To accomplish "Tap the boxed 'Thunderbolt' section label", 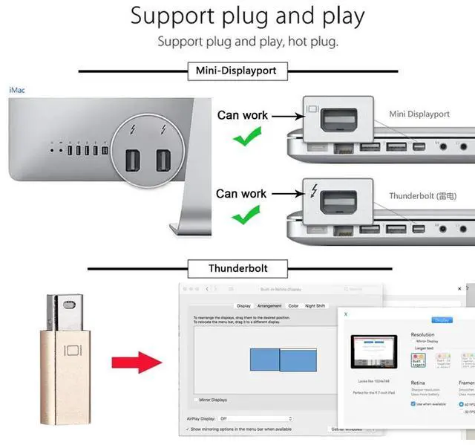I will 237,267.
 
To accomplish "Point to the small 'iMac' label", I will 16,89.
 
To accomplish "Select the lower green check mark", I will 245,216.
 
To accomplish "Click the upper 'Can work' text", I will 241,115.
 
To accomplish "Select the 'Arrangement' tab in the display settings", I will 269,305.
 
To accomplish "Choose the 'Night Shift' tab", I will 315,305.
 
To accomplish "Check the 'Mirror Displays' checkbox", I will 197,399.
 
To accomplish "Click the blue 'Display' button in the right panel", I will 442,319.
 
